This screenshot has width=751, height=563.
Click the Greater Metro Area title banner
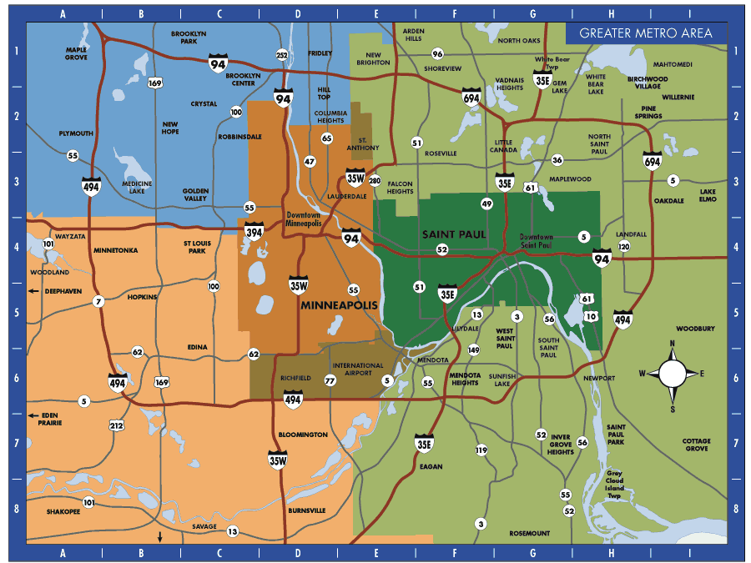[x=645, y=33]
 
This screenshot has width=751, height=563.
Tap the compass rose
[x=673, y=373]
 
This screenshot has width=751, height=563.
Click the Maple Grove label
[x=76, y=53]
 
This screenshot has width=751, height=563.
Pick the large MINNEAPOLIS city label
[x=339, y=306]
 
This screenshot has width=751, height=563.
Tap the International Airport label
[x=358, y=370]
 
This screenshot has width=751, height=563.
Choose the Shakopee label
[x=63, y=512]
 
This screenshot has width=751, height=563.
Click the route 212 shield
[x=116, y=425]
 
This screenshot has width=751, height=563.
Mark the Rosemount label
[x=530, y=533]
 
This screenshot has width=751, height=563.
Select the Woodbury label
[x=695, y=329]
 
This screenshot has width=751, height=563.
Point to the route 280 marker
[x=374, y=181]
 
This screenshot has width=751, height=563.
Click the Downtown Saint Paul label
[x=535, y=242]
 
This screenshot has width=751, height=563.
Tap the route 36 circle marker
[x=557, y=159]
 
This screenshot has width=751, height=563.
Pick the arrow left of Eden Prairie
[x=33, y=415]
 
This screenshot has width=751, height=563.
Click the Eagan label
[x=431, y=466]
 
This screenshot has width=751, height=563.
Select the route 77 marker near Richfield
[x=330, y=380]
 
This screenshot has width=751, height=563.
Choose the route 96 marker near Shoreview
[x=437, y=53]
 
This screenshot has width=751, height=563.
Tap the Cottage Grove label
[x=695, y=445]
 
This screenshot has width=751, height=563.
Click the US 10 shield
[x=592, y=316]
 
